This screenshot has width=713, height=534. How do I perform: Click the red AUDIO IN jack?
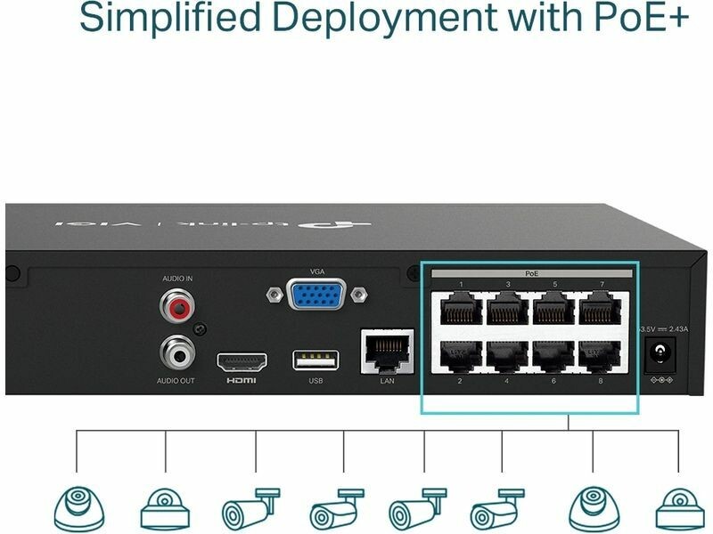point(176,308)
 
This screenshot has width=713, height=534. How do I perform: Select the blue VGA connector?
point(316,294)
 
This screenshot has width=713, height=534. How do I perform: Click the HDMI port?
point(242,361)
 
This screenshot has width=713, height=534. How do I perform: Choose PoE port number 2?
point(462,356)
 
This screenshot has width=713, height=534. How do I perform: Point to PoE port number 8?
point(601,356)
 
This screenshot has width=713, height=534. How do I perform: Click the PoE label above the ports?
point(531,273)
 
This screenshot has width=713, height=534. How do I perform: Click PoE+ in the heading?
point(639,18)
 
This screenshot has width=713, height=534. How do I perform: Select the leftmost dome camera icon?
point(78,509)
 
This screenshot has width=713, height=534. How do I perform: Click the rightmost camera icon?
point(679,510)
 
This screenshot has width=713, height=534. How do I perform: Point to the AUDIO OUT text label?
point(176,381)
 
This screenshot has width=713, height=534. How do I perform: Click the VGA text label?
point(317,271)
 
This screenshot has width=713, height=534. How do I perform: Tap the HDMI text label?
point(242,381)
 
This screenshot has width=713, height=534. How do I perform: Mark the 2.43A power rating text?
point(678,329)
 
